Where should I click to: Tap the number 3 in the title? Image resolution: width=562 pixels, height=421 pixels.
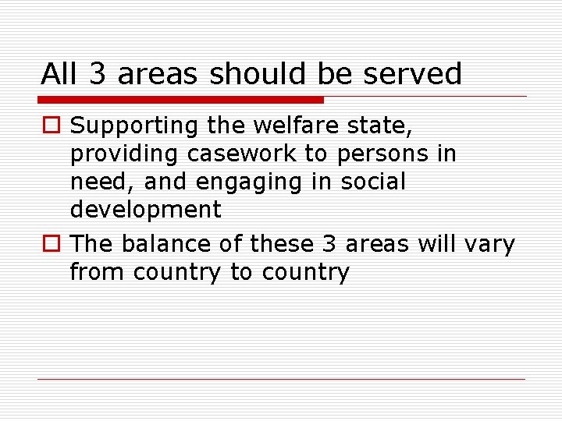[98, 74]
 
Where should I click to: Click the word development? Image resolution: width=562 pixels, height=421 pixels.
[146, 210]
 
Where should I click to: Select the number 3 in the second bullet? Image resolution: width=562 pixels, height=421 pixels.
[329, 244]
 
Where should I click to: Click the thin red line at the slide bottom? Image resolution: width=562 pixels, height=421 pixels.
[281, 379]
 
